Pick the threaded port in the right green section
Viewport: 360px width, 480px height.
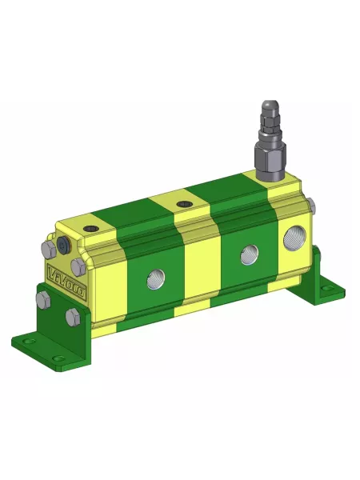click(246, 257)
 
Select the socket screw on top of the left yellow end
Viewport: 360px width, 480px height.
click(90, 229)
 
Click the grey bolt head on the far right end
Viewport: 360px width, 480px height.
click(311, 209)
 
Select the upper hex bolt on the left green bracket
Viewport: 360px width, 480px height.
click(43, 301)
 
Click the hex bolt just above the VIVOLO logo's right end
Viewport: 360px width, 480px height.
click(78, 265)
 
